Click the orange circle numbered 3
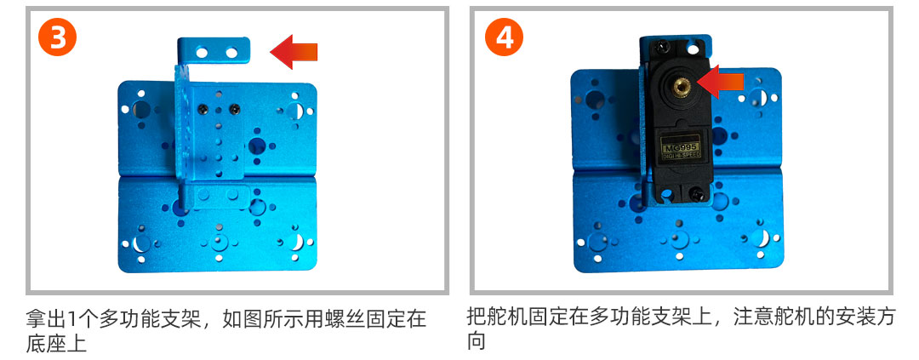(x=57, y=37)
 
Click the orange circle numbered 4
(x=504, y=37)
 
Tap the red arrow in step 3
(x=294, y=52)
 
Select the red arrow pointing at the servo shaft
(x=720, y=83)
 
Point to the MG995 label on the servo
(x=681, y=146)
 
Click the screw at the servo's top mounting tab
(x=662, y=44)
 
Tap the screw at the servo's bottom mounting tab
(x=696, y=191)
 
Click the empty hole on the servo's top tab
(x=695, y=45)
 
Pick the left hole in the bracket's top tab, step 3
(x=202, y=53)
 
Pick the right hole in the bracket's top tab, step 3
(x=232, y=53)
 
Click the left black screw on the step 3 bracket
(x=203, y=108)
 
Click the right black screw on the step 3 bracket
(x=235, y=108)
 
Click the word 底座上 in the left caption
(x=56, y=343)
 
